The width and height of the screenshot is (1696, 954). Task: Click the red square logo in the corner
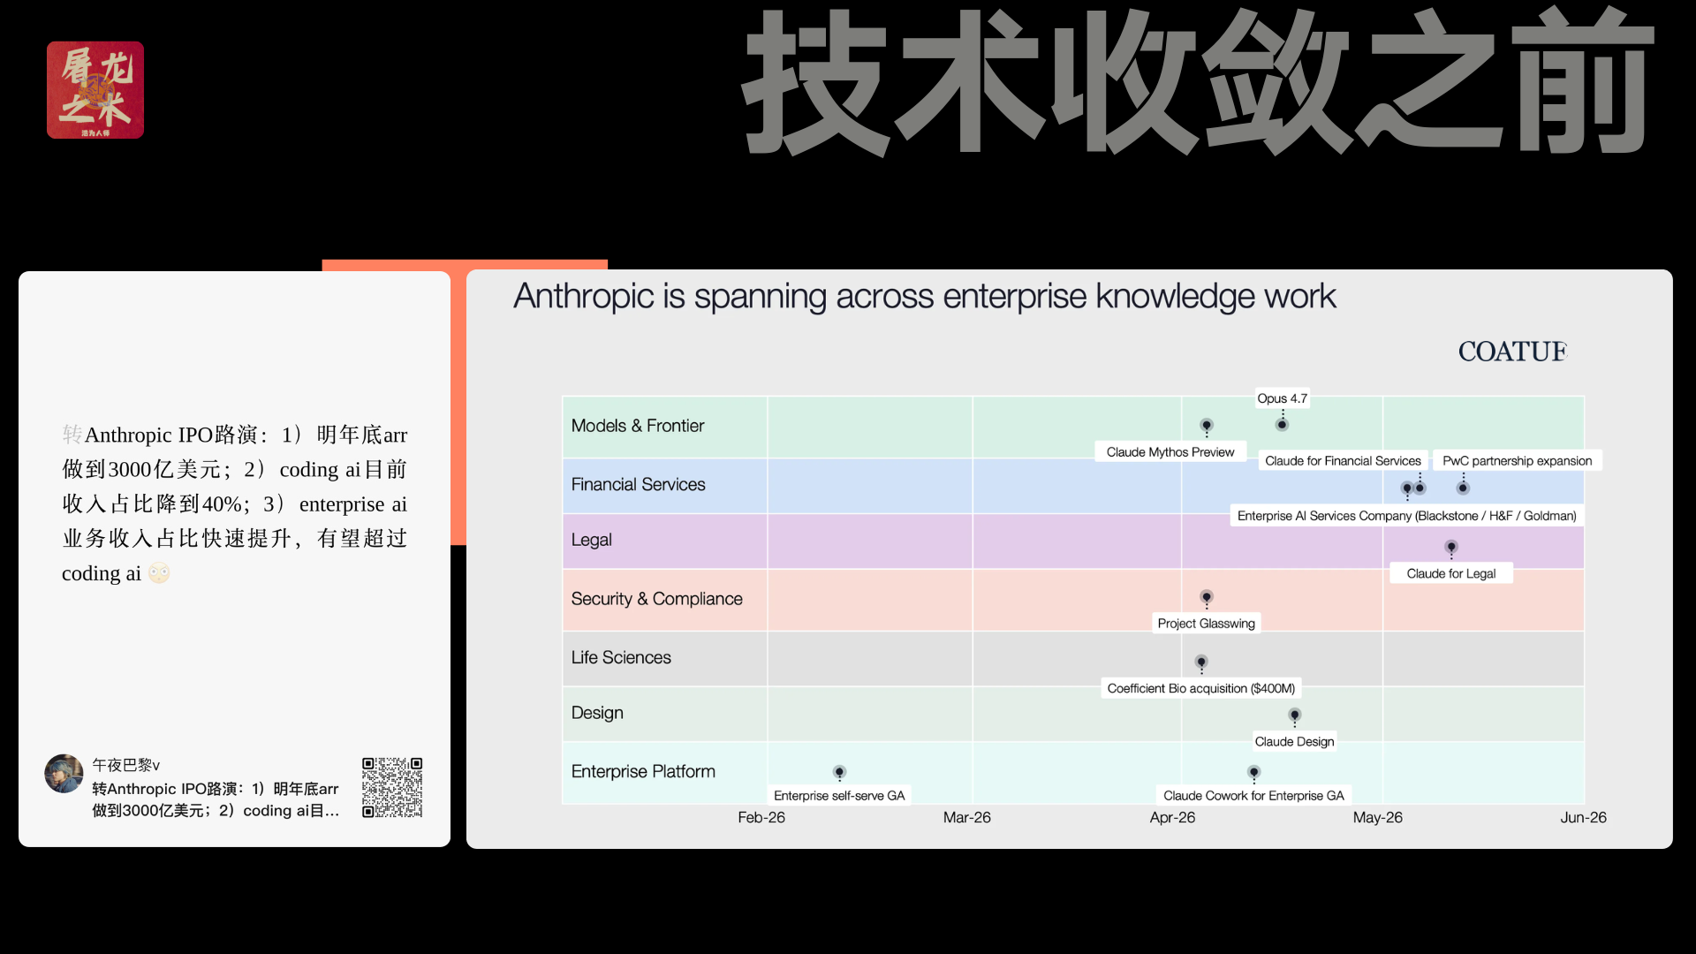pos(95,90)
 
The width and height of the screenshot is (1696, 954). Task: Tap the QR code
pos(392,787)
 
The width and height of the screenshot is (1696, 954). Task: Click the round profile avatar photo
pos(64,774)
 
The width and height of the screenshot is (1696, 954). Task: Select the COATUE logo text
pos(1512,352)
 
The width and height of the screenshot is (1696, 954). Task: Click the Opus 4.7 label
pos(1282,398)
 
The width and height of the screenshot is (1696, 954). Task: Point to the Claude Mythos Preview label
pos(1170,452)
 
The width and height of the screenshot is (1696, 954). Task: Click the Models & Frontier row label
pos(638,426)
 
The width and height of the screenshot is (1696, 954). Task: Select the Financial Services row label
pos(638,484)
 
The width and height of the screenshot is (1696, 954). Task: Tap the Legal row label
pos(591,540)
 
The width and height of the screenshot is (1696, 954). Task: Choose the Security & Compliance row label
pos(656,599)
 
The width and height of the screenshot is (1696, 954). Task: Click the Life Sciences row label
pos(621,657)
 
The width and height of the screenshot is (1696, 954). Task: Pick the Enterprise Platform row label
pos(643,771)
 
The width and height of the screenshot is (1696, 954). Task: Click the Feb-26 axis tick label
pos(761,818)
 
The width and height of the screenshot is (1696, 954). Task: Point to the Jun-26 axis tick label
pos(1583,818)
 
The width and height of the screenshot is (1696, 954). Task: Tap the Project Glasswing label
pos(1206,624)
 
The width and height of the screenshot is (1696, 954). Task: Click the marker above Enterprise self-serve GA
pos(839,772)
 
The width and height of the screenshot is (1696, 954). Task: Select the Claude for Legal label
pos(1450,573)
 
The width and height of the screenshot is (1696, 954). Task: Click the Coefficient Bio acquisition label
pos(1200,688)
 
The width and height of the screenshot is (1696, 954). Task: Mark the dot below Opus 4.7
pos(1282,425)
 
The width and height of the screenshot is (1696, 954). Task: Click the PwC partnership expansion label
pos(1517,461)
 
